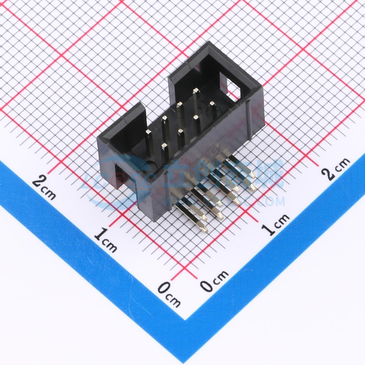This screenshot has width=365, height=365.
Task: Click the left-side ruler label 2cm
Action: click(x=44, y=186)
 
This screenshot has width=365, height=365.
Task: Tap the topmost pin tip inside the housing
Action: click(x=196, y=90)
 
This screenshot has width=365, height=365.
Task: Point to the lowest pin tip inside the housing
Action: click(x=164, y=145)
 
